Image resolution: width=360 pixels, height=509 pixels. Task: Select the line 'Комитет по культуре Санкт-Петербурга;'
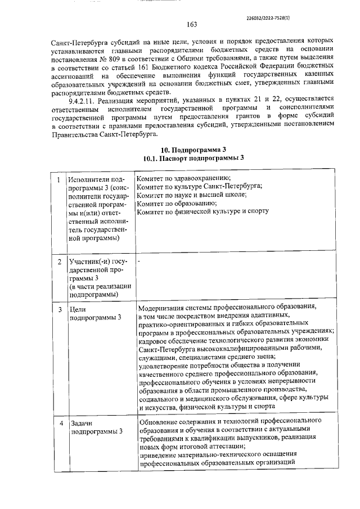pyautogui.click(x=200, y=186)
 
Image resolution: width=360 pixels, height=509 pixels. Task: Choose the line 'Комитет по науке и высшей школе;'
pyautogui.click(x=191, y=195)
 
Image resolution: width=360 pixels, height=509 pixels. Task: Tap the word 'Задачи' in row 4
pyautogui.click(x=80, y=422)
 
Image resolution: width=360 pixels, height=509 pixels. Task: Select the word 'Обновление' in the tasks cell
pyautogui.click(x=160, y=420)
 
